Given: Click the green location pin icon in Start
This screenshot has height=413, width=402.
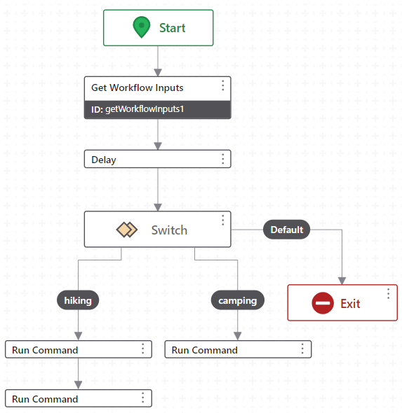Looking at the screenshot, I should tap(142, 28).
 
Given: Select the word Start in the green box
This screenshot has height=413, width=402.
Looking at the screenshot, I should tap(172, 28).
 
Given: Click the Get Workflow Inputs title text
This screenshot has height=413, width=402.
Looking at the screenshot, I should tap(138, 87).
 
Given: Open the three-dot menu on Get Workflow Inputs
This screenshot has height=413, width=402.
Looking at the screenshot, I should tap(222, 85).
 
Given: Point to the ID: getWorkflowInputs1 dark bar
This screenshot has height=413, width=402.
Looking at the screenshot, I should tap(157, 109).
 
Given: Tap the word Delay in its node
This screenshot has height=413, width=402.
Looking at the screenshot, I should tap(104, 160).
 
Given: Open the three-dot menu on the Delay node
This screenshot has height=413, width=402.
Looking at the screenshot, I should tap(222, 159).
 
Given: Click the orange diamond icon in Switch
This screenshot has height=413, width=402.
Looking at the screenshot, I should tap(126, 230).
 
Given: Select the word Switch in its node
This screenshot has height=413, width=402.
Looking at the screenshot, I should tap(169, 230).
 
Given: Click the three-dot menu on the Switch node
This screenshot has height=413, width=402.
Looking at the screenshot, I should tap(222, 220).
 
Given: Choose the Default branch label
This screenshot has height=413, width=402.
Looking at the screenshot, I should tap(286, 230).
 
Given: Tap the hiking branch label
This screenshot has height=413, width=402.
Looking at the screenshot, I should tap(78, 300).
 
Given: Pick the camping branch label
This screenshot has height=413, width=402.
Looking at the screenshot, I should tap(238, 300).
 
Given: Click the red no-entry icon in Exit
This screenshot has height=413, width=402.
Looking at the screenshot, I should tap(323, 303).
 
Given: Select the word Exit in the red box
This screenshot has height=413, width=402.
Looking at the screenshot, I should tap(350, 303).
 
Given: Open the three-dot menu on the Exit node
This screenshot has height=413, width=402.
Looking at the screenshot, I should tap(388, 294).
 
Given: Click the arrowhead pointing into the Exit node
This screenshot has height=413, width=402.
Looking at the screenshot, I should tap(342, 280).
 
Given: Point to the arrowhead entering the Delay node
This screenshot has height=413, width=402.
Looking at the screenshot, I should tap(158, 146).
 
